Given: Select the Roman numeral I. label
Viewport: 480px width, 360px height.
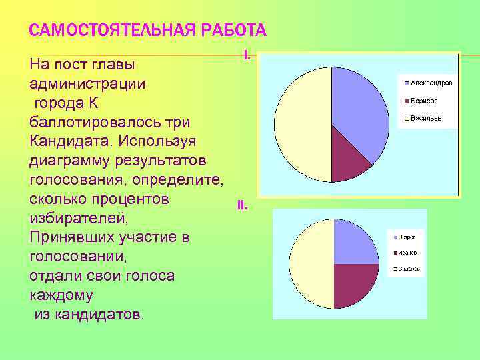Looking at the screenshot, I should click(247, 55).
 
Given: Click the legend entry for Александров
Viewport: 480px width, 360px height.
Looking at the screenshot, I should click(427, 83).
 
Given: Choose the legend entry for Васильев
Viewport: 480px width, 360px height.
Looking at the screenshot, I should click(421, 119).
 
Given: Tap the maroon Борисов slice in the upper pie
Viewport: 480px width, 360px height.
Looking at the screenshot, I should click(350, 160).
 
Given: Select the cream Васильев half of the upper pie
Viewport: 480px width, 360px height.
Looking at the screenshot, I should click(303, 123).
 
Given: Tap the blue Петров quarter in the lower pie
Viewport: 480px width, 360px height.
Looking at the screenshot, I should click(353, 243).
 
